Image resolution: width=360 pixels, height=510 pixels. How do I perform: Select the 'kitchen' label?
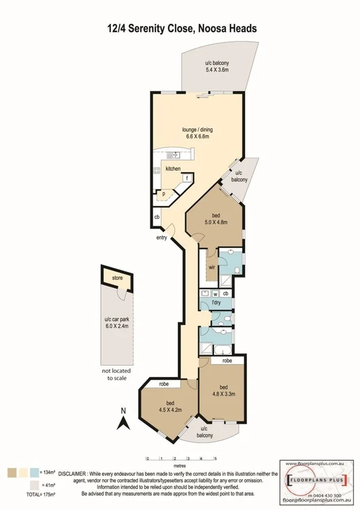[173, 169]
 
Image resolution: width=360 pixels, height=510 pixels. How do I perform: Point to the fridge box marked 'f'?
[187, 178]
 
